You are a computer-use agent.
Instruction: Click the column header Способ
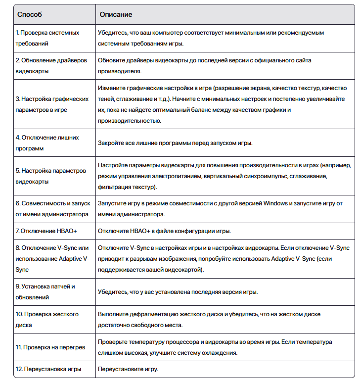click(30, 15)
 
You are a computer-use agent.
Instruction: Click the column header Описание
click(116, 15)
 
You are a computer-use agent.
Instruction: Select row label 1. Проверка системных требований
click(47, 38)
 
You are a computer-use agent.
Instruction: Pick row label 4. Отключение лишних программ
click(47, 143)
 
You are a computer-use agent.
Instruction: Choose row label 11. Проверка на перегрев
click(50, 347)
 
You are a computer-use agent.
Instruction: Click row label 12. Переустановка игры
click(48, 369)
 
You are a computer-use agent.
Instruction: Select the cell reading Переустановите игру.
click(128, 369)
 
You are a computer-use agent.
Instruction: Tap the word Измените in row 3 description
click(112, 88)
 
